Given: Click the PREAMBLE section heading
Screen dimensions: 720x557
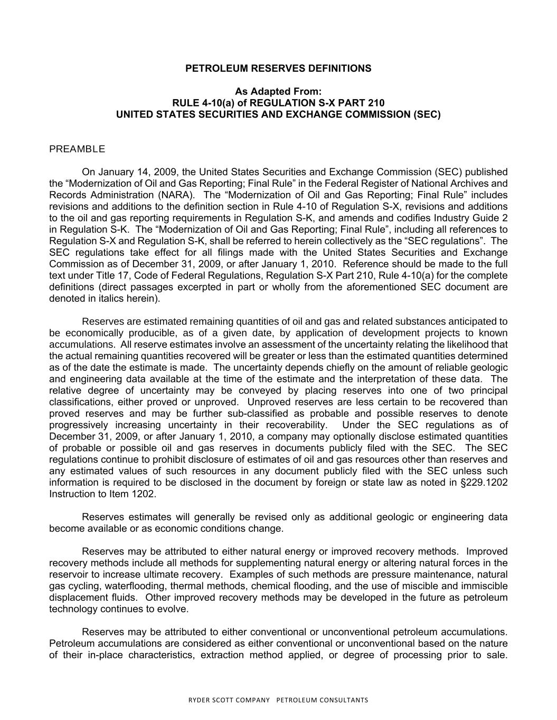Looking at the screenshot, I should (x=77, y=149).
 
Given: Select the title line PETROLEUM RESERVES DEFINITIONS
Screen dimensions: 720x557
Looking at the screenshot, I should (x=278, y=69).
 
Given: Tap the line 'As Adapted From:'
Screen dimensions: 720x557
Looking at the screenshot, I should (x=278, y=91).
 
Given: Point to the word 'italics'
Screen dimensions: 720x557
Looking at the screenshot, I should (x=119, y=299).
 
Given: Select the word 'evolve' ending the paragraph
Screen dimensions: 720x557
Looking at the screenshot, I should (x=172, y=609).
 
